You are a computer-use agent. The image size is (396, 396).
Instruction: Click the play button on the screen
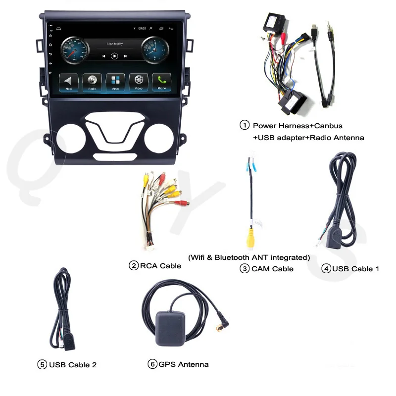[x=115, y=56]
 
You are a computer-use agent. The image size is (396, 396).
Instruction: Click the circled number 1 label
[x=244, y=125]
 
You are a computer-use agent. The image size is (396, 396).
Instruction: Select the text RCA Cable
[x=160, y=266]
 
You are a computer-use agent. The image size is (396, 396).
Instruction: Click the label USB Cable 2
[x=72, y=365]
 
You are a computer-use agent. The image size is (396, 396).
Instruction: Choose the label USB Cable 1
[x=355, y=269]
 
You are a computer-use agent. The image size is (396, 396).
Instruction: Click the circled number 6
[x=152, y=364]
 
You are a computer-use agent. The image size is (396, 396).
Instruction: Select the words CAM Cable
[x=272, y=269]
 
